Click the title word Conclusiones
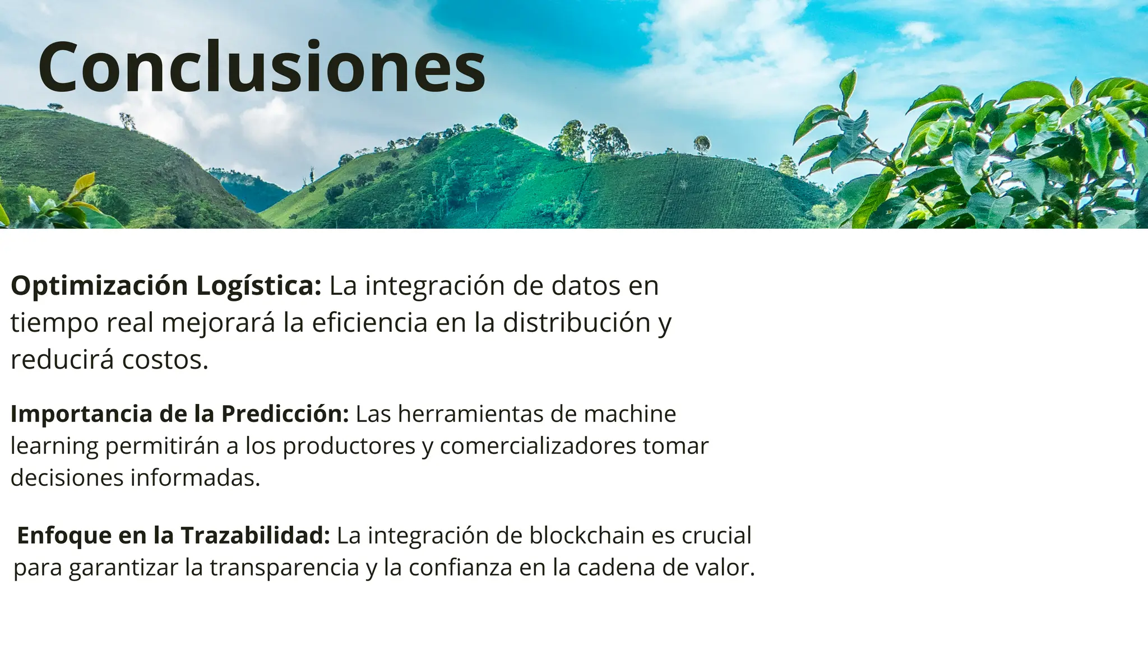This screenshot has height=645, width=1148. pos(261,67)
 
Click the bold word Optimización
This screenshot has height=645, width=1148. pos(99,286)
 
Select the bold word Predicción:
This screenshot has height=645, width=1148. pos(285,414)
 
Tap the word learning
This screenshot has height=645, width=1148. pos(54,446)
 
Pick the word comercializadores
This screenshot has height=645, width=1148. pos(538,446)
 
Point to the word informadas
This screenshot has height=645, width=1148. pos(195,478)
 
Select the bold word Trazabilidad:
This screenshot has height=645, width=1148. pos(255,535)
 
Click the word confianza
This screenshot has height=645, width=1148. pos(460,568)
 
